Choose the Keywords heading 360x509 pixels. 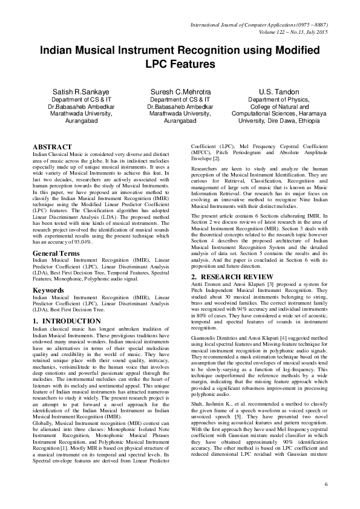(49, 290)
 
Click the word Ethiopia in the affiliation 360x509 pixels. (305, 121)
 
